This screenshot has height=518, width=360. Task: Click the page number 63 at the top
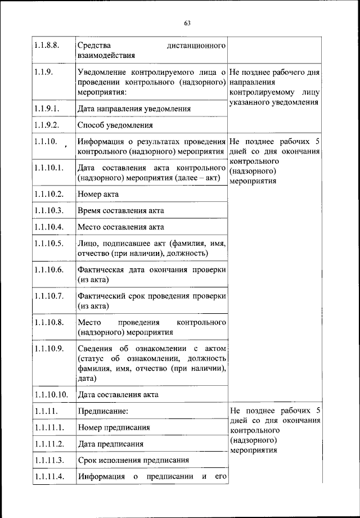187,23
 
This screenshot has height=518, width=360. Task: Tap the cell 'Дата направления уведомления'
134,109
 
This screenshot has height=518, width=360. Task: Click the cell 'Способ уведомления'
115,125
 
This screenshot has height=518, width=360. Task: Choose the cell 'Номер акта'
98,194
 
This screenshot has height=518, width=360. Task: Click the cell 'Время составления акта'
121,211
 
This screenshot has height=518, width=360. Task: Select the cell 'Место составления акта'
121,227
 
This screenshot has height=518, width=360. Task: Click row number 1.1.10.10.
51,394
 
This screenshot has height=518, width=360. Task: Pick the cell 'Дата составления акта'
118,394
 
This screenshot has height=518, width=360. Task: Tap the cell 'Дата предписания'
111,444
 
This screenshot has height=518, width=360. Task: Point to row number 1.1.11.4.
49,477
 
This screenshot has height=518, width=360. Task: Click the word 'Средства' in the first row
94,44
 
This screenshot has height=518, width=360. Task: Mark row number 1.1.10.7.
50,296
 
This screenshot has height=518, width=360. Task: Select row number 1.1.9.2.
48,125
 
